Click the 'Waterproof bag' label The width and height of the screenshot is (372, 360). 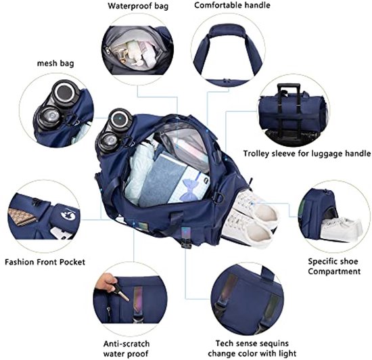pos(138,6)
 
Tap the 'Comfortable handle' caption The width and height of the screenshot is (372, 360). pos(232,5)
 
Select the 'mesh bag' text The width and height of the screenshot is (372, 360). pos(55,64)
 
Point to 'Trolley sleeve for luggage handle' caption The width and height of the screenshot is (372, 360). pos(307,154)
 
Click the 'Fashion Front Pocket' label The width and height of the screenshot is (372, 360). pos(45,262)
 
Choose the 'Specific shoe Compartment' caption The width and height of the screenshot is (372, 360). pos(334,266)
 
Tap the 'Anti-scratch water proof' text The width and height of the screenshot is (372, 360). pos(126,348)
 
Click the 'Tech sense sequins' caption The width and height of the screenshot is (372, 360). pos(252,343)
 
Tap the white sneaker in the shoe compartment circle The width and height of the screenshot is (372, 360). pos(342,228)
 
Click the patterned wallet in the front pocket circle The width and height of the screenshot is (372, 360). pos(22,217)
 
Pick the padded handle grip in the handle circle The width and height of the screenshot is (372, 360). pos(227,31)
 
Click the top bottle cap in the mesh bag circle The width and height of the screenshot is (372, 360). pos(64,91)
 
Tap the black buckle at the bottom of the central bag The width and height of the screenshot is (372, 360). pos(186,242)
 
